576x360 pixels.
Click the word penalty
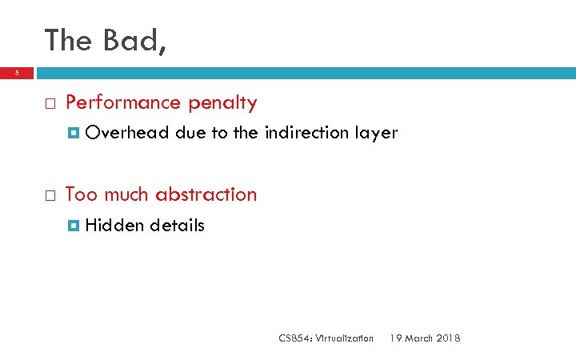coord(222,103)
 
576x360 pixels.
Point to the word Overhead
coord(126,133)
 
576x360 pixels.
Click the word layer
coord(376,133)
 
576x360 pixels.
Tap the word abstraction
coord(206,194)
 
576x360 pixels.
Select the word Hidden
coord(114,226)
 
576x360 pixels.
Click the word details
coord(177,226)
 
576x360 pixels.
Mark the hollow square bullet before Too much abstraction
coord(49,195)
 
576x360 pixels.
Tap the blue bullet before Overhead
coord(74,134)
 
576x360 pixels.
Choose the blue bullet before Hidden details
coord(74,226)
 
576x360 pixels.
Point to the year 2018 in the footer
coord(448,338)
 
